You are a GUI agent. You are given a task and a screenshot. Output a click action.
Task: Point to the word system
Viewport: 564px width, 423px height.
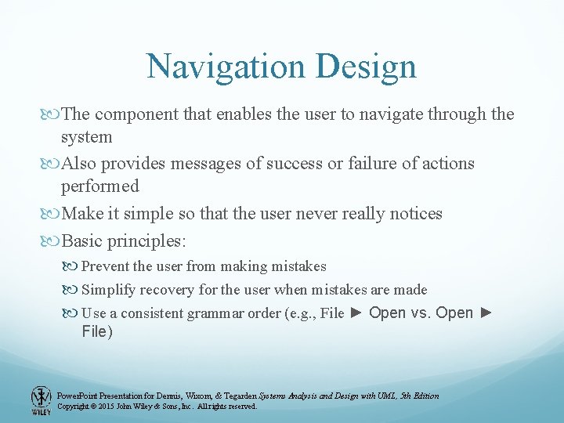click(87, 137)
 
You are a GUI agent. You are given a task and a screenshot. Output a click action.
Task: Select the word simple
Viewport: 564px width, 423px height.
click(166, 213)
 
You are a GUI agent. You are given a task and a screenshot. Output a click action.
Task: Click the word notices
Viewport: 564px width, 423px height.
click(413, 213)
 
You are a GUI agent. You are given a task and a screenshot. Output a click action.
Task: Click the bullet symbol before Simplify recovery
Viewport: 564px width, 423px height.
click(72, 290)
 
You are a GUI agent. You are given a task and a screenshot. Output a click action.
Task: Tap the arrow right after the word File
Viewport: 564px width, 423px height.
click(356, 313)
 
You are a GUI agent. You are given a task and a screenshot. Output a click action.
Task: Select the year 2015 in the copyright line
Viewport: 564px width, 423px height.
click(106, 407)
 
